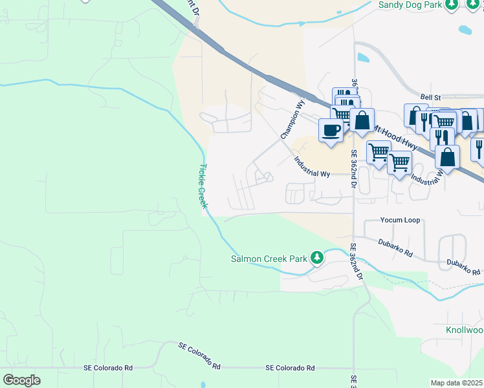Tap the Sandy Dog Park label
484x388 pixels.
click(410, 5)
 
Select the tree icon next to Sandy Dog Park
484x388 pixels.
click(452, 4)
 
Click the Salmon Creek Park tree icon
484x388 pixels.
click(316, 258)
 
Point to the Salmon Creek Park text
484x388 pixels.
click(269, 259)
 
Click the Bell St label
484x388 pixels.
click(430, 96)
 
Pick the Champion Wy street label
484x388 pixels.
click(292, 118)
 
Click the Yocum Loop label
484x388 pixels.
click(400, 220)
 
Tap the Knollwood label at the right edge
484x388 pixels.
click(464, 330)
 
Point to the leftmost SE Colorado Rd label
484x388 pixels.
click(108, 367)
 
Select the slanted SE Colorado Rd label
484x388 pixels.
click(199, 356)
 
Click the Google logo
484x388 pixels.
click(21, 380)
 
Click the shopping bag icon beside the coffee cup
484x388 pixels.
click(362, 120)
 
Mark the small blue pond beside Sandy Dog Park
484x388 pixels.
click(465, 29)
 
